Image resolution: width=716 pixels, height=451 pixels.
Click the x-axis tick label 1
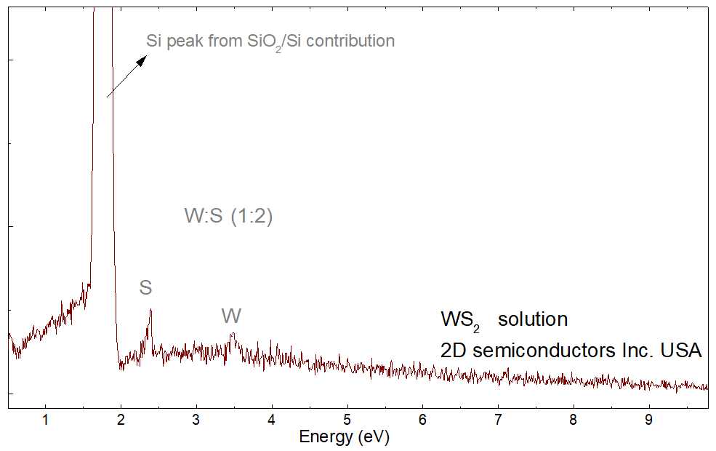point(45,419)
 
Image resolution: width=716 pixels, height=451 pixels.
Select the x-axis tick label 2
point(121,419)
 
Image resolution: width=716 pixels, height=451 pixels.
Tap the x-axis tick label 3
point(196,419)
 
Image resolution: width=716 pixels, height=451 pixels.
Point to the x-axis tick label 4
point(272,419)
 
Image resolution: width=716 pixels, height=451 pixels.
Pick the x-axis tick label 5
point(347,419)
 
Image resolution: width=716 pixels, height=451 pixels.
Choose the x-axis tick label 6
point(422,419)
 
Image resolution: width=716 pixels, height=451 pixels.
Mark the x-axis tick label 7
point(498,419)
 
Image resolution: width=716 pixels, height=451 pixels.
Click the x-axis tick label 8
point(574,419)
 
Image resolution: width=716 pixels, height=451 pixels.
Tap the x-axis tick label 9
point(649,419)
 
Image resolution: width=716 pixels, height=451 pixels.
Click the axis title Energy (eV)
point(345,437)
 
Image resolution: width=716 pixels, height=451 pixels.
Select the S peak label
point(145,288)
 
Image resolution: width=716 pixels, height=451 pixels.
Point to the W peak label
point(231,316)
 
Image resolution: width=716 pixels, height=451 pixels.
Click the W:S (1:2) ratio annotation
point(228,217)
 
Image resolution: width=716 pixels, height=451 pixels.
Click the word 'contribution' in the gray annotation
point(351,41)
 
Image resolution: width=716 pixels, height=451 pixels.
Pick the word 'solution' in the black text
point(532,319)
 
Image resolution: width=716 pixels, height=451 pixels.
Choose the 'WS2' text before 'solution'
point(460,321)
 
